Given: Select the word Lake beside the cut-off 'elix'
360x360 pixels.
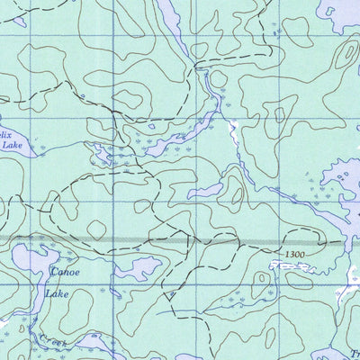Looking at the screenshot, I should click(x=11, y=143).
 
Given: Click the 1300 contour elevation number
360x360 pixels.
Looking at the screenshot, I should click(x=290, y=256).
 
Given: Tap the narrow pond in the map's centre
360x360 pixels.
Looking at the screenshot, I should click(x=204, y=190).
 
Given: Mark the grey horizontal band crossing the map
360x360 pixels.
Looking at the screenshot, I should click(x=180, y=241).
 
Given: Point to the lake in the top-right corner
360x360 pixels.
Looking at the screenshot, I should click(x=346, y=13).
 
